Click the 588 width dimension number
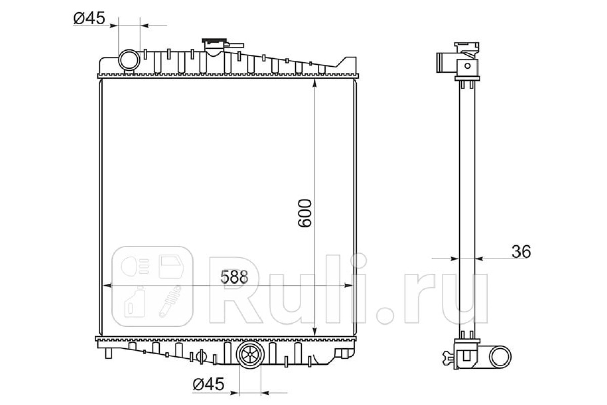[x=234, y=277]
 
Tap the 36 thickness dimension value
[x=521, y=252]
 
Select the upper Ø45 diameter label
[x=89, y=18]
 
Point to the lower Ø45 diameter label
[x=208, y=384]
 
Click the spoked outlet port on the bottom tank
[x=249, y=355]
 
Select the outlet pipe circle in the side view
[x=500, y=357]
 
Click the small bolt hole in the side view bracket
[x=467, y=66]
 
